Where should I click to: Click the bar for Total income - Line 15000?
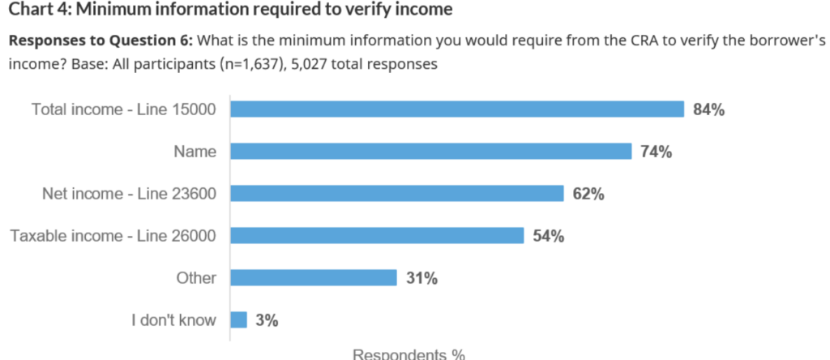coord(458,109)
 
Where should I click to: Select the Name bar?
coord(430,152)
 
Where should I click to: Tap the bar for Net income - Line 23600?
coord(397,194)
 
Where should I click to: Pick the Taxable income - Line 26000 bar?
coord(377,236)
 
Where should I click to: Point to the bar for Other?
coord(314,278)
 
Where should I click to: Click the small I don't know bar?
coord(239,320)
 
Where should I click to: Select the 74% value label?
coord(656,152)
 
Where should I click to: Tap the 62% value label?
coord(588,195)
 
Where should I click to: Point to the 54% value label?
coord(549,237)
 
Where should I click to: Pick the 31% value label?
coord(422,279)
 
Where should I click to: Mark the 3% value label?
coord(267,321)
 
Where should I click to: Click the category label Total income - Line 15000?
coord(123,109)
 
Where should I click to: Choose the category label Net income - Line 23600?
coord(129,194)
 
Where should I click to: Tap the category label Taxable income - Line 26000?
coord(113,236)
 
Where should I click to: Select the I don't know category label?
coord(173,320)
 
